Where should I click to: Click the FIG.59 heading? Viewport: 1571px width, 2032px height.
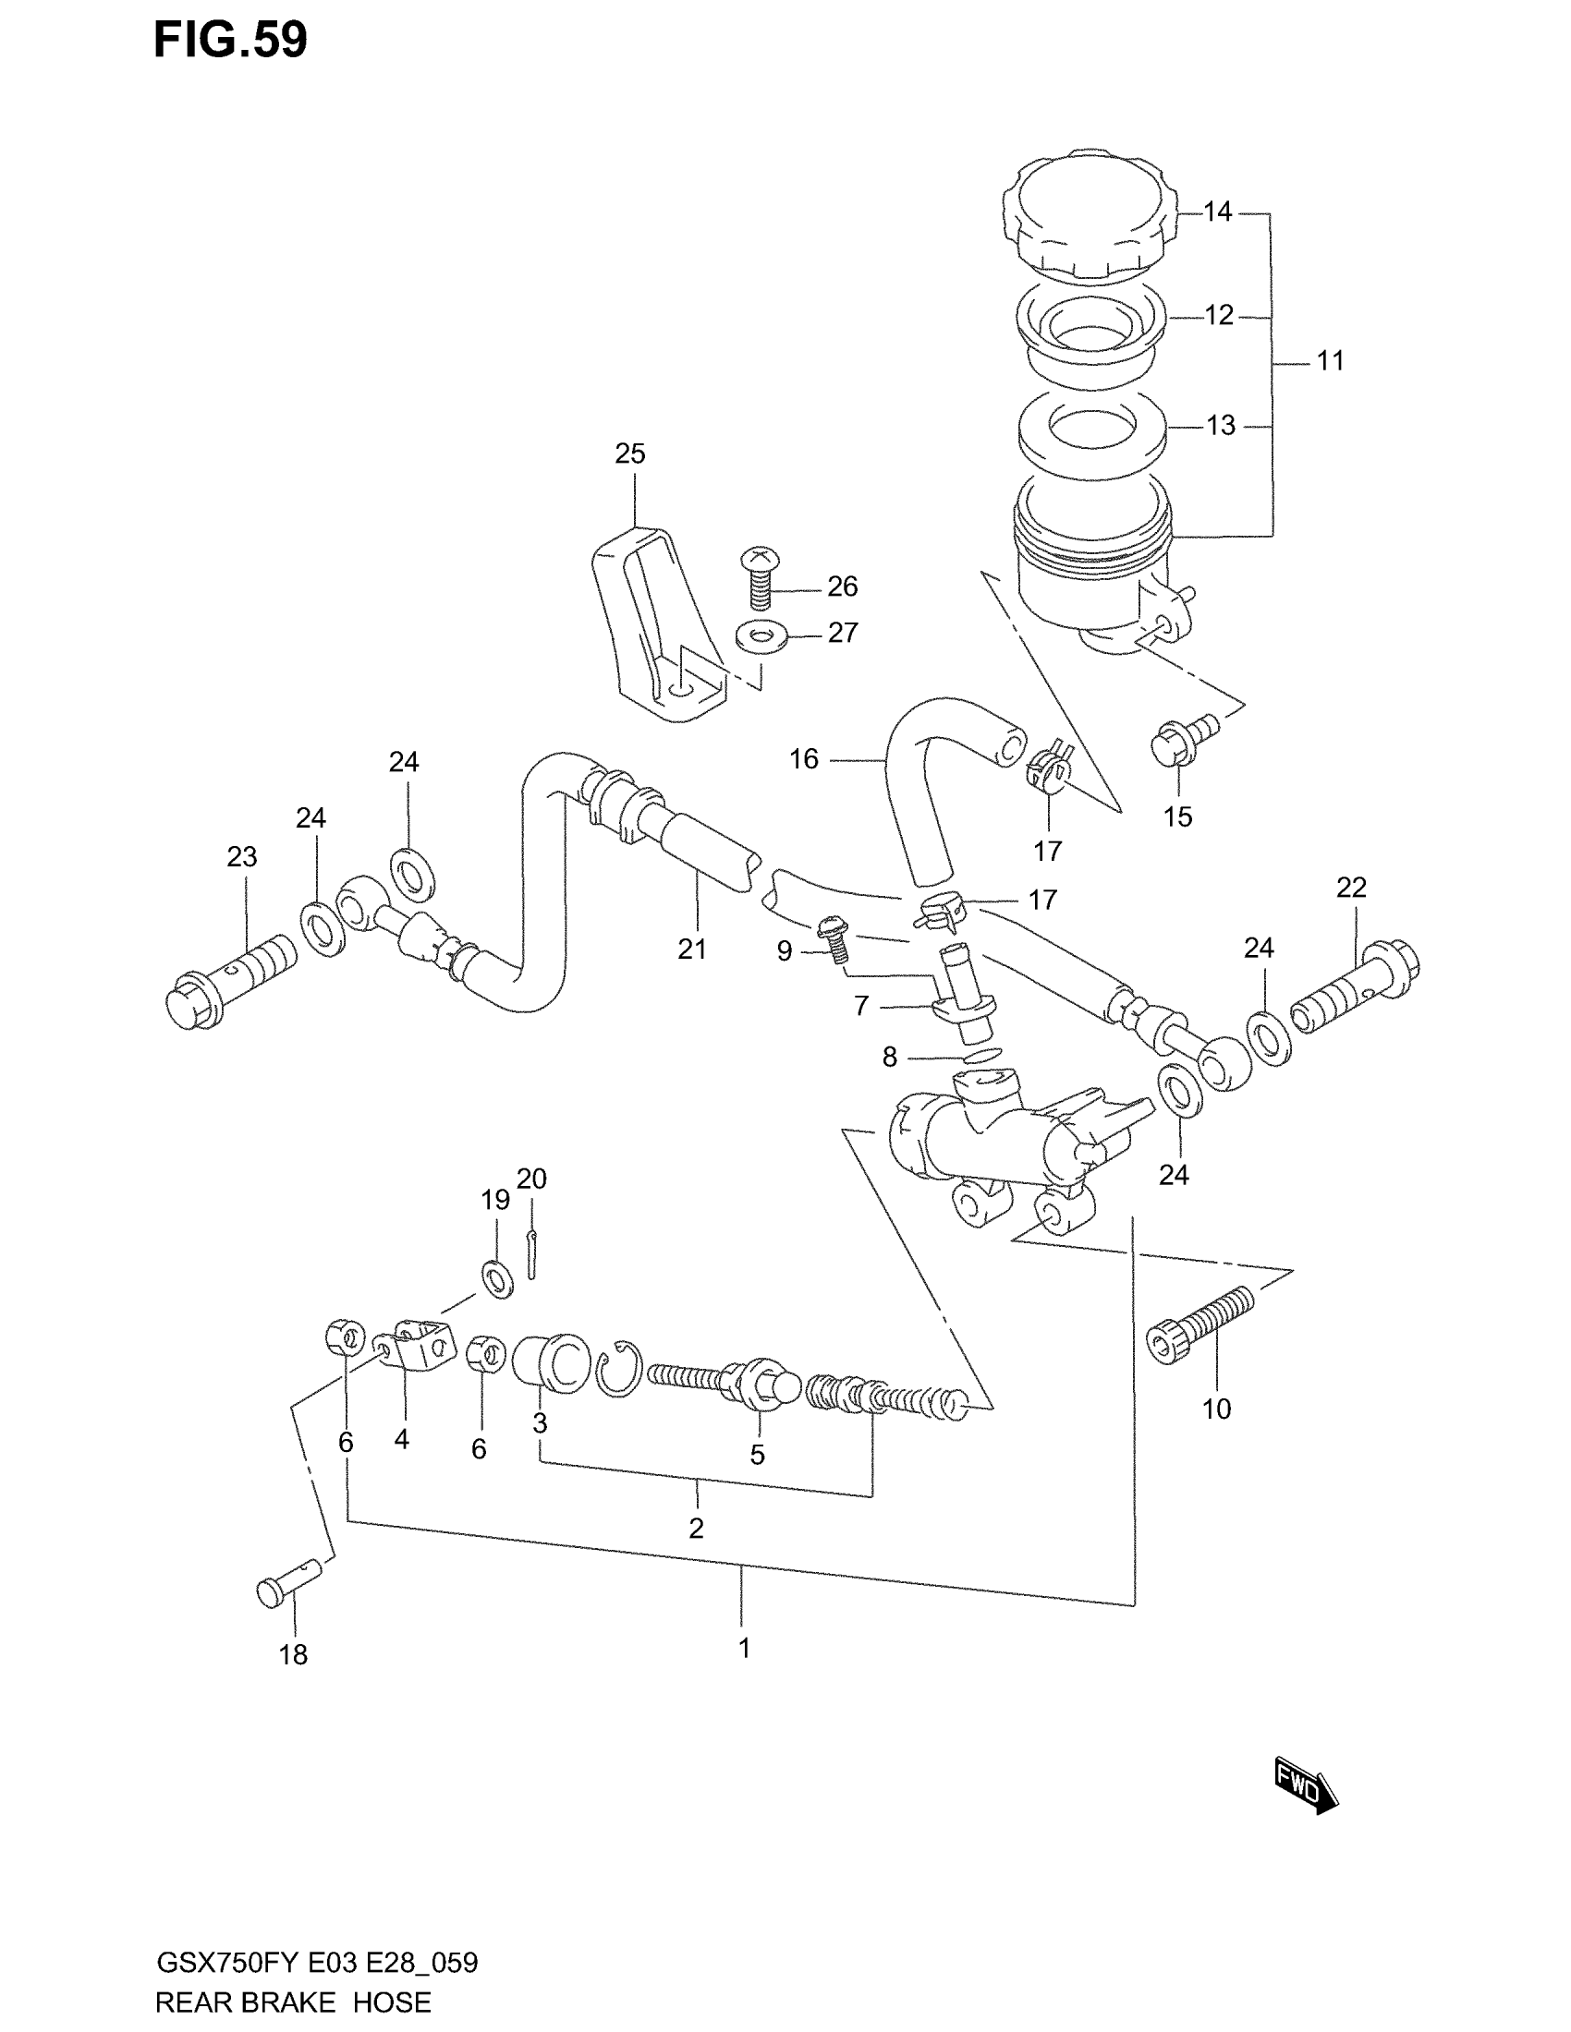click(230, 40)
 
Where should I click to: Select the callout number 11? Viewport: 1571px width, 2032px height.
click(1330, 361)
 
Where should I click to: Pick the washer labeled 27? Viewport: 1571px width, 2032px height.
click(761, 637)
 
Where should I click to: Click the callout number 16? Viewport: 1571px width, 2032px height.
click(804, 759)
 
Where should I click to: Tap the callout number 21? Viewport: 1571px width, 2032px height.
click(691, 949)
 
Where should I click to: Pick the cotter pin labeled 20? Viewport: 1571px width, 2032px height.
click(530, 1254)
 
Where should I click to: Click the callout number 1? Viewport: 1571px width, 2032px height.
click(744, 1648)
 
